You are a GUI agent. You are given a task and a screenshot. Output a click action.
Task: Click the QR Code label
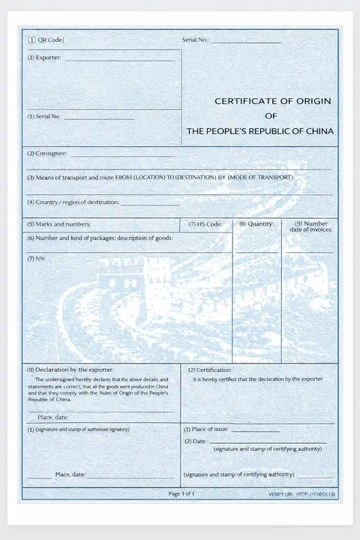[46, 40]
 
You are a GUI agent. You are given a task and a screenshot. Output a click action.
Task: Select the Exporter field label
[43, 58]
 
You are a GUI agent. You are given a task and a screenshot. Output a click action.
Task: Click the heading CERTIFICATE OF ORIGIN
[272, 100]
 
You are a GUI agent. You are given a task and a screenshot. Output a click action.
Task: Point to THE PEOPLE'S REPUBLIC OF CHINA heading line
[259, 130]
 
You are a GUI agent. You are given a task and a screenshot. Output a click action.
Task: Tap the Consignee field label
[47, 154]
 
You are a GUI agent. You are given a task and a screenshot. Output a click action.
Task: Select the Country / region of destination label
[73, 202]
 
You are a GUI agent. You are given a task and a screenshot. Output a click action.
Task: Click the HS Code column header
[205, 224]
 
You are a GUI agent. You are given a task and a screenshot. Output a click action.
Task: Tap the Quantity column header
[256, 223]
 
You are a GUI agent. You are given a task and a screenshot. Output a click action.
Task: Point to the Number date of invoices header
[310, 226]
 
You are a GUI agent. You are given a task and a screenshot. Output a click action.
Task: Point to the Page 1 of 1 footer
[181, 493]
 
